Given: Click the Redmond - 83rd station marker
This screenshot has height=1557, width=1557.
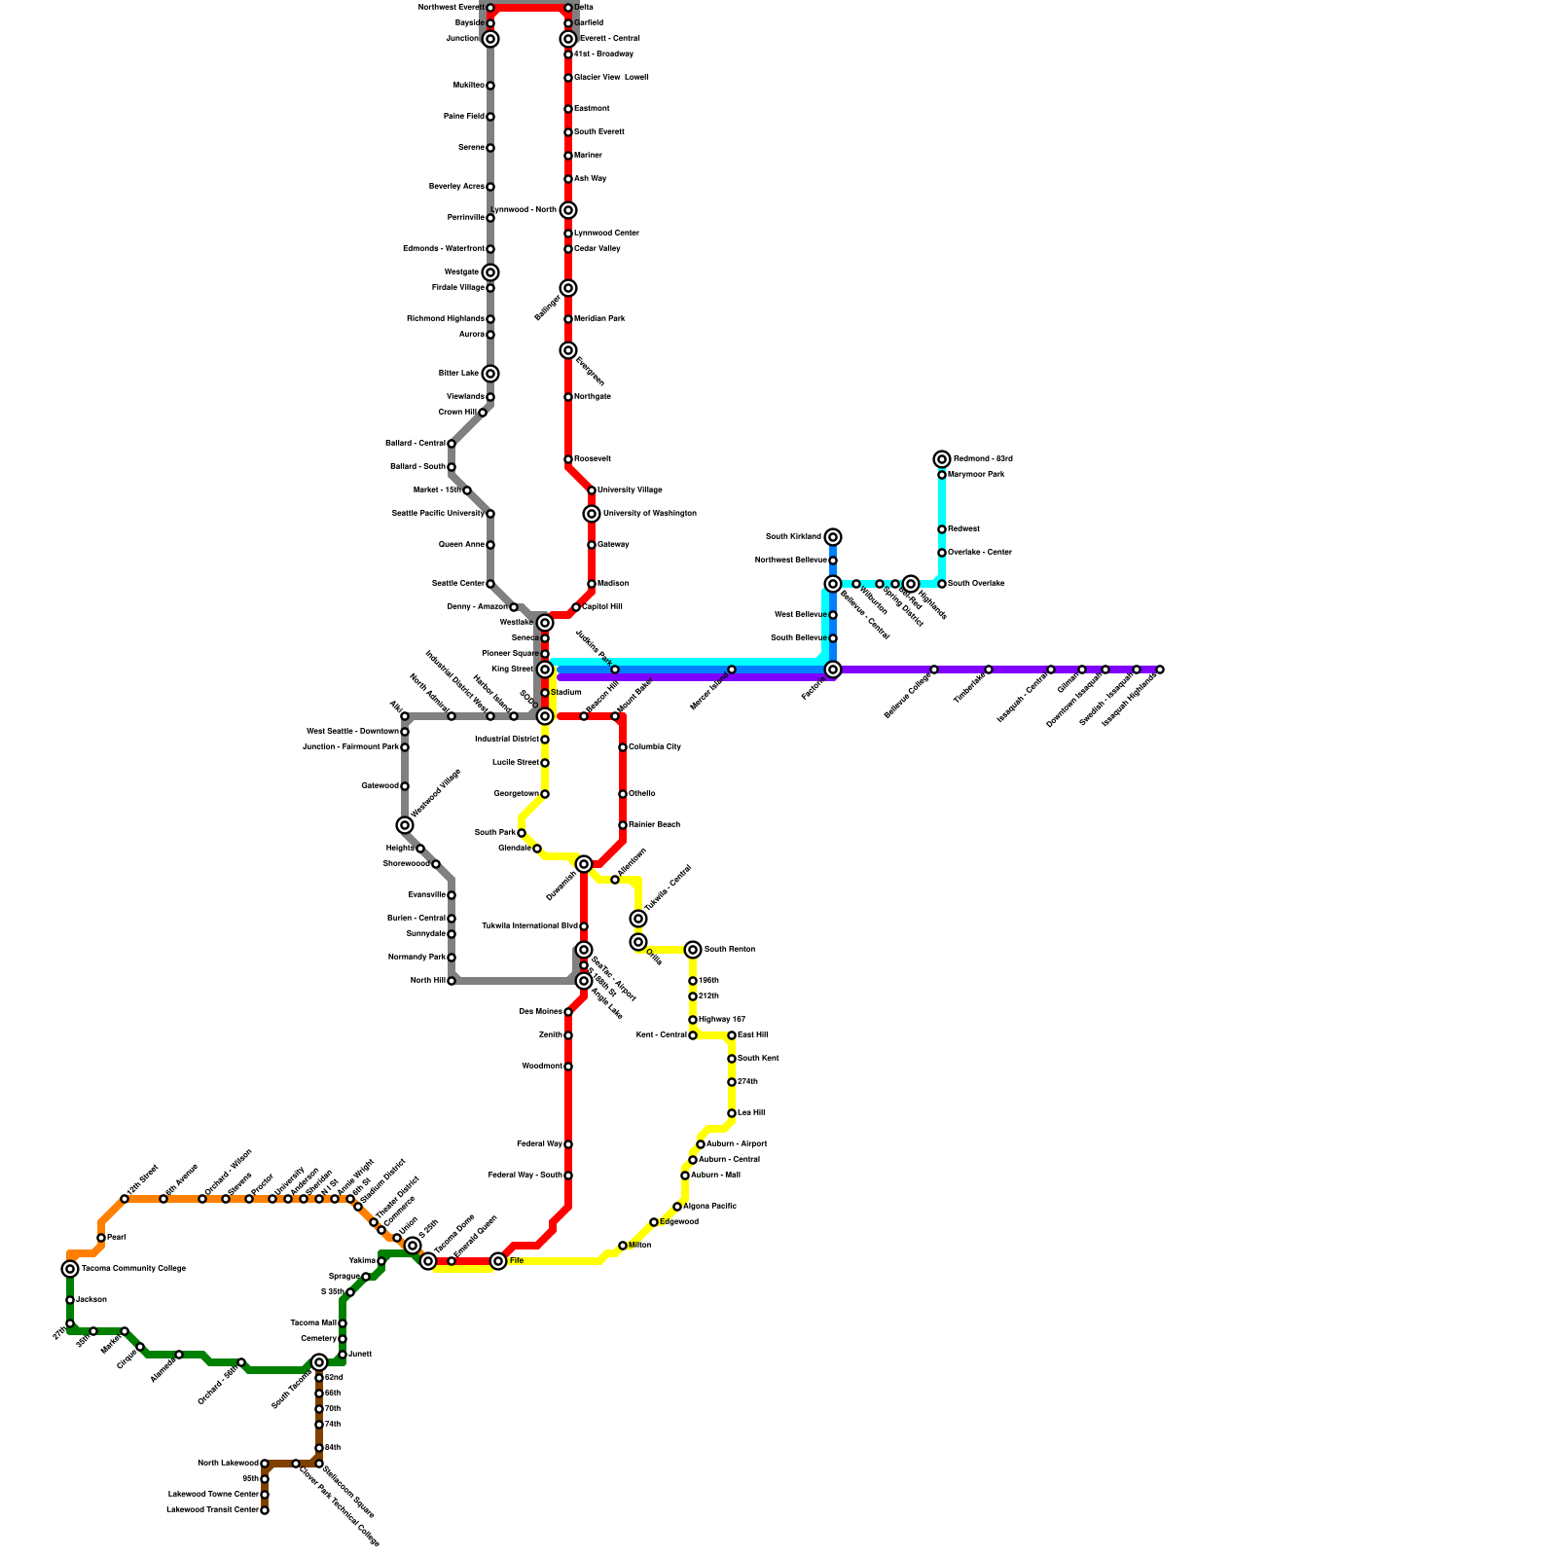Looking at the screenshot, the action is [942, 459].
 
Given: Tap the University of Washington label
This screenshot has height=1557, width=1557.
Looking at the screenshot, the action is [649, 514].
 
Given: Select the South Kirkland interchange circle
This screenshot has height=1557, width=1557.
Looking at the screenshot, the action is [833, 537].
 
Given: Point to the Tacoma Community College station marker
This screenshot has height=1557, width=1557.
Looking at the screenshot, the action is [70, 1269].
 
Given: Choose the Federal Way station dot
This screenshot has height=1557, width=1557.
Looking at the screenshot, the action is [568, 1144].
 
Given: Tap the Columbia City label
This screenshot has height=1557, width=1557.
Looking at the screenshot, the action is [655, 747].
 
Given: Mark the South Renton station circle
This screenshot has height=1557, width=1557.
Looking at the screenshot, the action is [693, 950].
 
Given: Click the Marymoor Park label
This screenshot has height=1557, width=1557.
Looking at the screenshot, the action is [976, 475].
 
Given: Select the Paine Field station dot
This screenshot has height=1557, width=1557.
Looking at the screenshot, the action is [490, 117].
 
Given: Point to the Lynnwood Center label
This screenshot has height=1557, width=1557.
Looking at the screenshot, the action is [606, 234].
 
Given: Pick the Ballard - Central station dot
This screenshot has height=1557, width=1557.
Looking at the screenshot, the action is [452, 444].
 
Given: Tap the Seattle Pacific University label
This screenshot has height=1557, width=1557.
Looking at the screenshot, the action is [438, 514].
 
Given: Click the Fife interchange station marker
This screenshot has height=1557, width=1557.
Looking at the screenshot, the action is [498, 1261].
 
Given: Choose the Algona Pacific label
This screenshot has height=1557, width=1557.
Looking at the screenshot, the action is [709, 1207].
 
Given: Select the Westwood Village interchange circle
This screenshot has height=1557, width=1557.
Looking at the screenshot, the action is [405, 825].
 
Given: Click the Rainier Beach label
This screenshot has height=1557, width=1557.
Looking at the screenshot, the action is [654, 825].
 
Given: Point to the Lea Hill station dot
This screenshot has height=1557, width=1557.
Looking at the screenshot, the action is [732, 1113].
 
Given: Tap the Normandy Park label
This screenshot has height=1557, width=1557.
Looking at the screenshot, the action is [416, 958].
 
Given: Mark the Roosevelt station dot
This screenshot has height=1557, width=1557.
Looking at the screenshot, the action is [568, 459].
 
